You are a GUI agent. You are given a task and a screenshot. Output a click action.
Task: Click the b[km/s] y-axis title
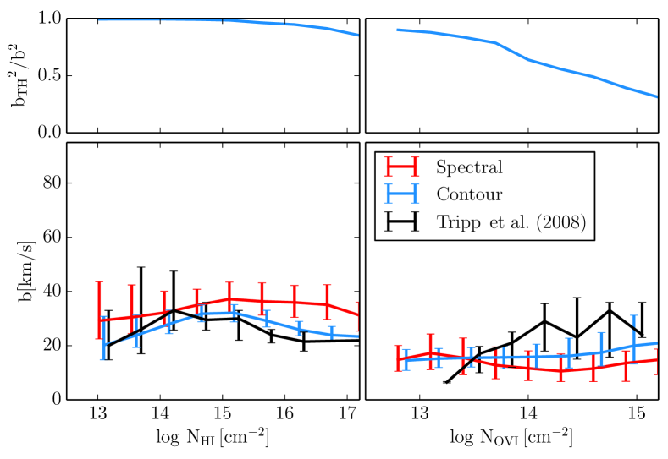[19, 270]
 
